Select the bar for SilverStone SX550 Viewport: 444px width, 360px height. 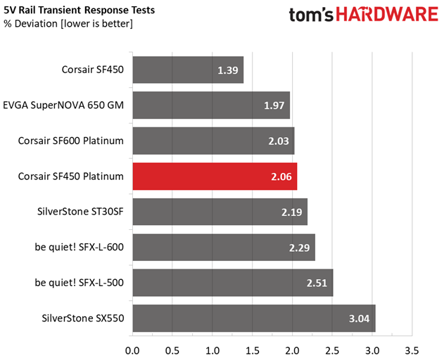point(253,318)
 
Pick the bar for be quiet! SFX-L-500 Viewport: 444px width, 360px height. point(232,283)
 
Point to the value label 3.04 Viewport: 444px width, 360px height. point(360,319)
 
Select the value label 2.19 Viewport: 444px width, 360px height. point(292,212)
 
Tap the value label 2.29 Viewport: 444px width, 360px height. point(300,247)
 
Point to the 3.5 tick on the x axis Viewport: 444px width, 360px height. point(412,349)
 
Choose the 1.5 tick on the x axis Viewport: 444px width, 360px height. point(252,349)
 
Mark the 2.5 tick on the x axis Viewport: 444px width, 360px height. point(332,349)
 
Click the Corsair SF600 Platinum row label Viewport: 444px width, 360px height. point(71,141)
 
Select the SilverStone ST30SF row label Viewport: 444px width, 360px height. point(80,211)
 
